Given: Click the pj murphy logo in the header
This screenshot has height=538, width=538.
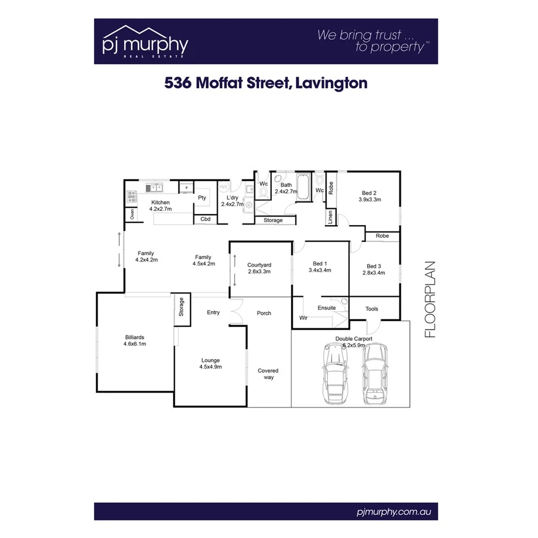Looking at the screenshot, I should [144, 41].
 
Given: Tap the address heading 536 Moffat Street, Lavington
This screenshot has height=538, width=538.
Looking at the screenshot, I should [266, 83].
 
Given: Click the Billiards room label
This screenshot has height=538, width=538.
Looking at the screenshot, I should [134, 341].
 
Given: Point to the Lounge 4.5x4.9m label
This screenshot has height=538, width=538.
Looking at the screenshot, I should [210, 363].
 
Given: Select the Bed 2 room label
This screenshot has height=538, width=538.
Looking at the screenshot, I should [369, 196].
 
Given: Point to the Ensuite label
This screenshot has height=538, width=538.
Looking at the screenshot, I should [327, 308].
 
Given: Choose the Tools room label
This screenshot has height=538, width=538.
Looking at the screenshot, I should [372, 309].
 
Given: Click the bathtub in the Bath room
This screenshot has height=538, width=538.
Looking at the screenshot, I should [304, 188].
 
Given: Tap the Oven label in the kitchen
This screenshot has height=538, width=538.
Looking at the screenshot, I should [132, 214].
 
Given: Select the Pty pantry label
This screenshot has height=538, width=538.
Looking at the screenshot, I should [202, 197].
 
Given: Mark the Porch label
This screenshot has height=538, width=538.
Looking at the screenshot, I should [264, 313].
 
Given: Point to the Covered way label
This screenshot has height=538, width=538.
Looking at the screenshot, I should [268, 374].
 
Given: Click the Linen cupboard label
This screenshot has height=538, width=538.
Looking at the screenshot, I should [331, 218].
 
